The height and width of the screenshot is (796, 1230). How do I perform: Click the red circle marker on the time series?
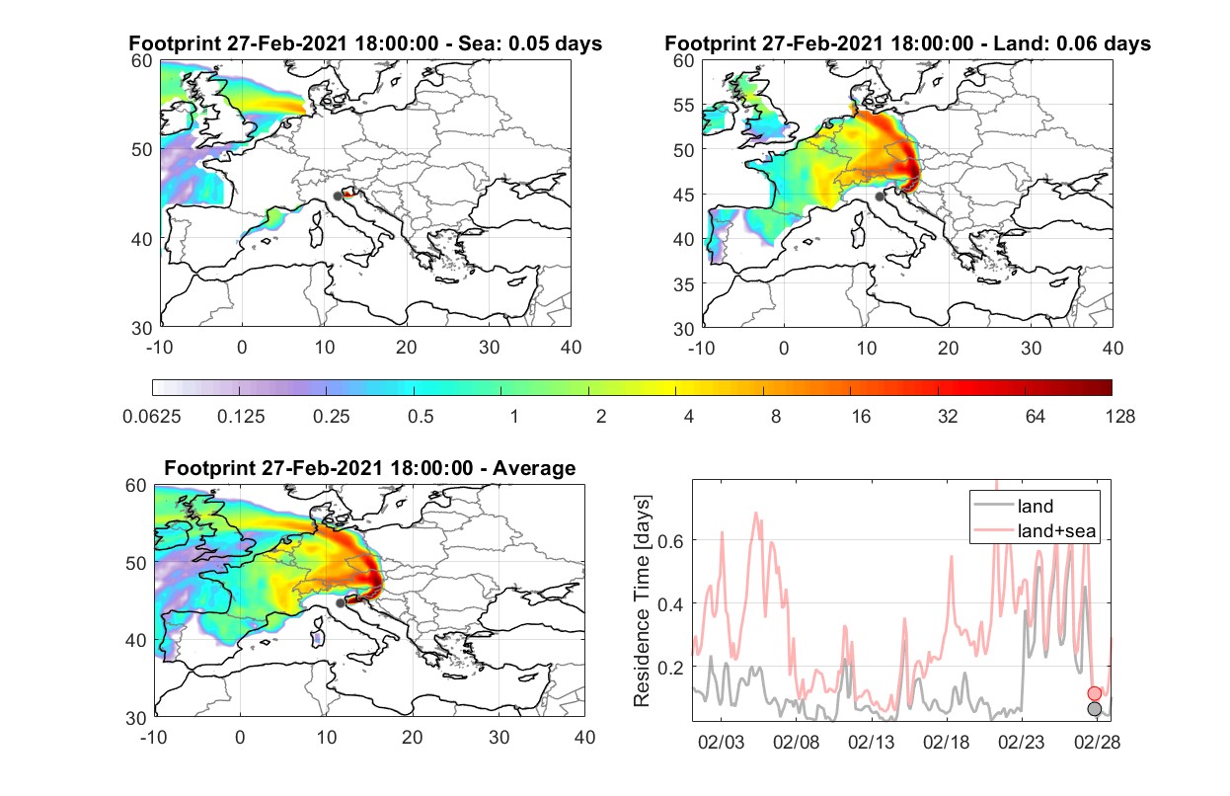pyautogui.click(x=1095, y=693)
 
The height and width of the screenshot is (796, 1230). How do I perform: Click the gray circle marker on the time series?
pyautogui.click(x=1095, y=709)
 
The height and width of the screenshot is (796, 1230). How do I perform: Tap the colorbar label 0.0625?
pyautogui.click(x=152, y=417)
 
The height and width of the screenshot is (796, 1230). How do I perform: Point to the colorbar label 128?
pyautogui.click(x=1119, y=417)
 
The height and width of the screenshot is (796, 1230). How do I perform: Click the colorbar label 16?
pyautogui.click(x=861, y=417)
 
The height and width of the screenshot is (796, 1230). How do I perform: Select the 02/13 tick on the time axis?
pyautogui.click(x=871, y=742)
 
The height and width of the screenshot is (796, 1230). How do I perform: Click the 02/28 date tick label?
pyautogui.click(x=1097, y=742)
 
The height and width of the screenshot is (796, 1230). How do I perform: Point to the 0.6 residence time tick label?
pyautogui.click(x=670, y=541)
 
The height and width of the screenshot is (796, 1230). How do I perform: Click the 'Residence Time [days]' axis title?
pyautogui.click(x=642, y=601)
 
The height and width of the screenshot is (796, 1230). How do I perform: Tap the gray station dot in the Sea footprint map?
pyautogui.click(x=338, y=197)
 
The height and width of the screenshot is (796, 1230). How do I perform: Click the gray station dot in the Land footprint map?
pyautogui.click(x=880, y=197)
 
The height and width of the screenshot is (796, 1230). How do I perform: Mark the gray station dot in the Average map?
pyautogui.click(x=341, y=603)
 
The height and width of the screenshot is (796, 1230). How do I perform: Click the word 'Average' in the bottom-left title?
pyautogui.click(x=534, y=468)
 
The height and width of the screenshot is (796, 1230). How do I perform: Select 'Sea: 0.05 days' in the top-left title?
pyautogui.click(x=530, y=43)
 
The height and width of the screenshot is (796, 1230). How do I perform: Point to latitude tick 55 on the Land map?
pyautogui.click(x=684, y=105)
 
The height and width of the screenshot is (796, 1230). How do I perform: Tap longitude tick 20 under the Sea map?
pyautogui.click(x=407, y=348)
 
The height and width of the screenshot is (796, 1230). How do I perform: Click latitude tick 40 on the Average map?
pyautogui.click(x=136, y=641)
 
